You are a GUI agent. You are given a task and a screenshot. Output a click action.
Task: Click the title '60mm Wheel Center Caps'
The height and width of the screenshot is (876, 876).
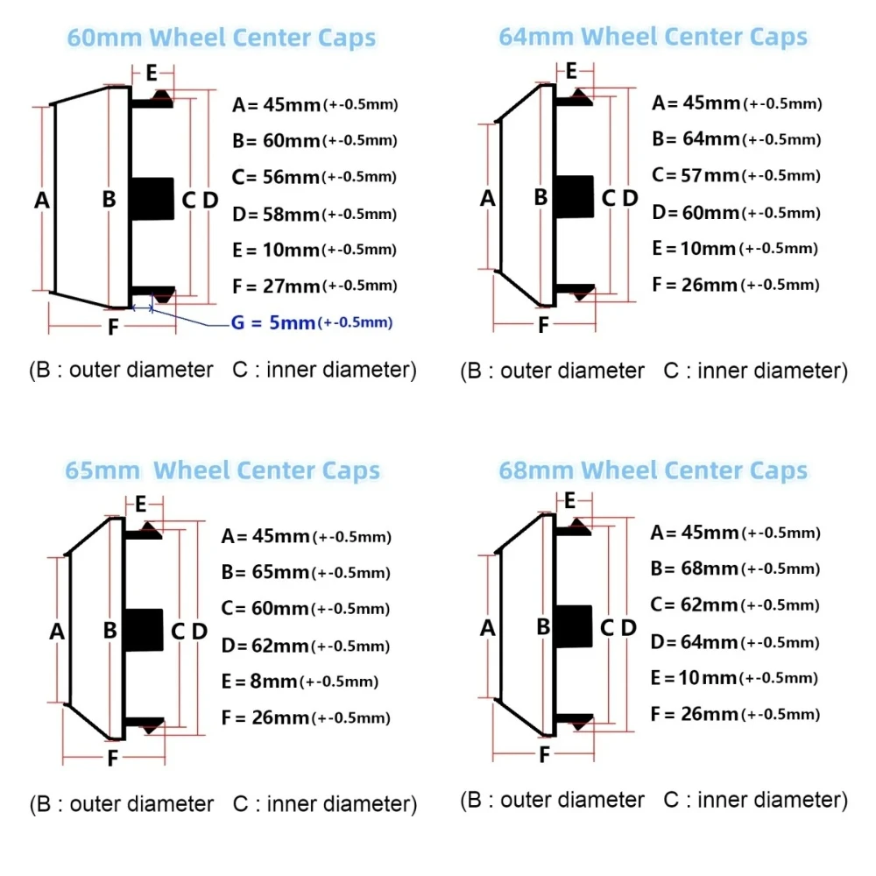coord(222,38)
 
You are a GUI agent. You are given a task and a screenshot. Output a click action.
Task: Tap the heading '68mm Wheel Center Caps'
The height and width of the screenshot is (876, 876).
coord(653,470)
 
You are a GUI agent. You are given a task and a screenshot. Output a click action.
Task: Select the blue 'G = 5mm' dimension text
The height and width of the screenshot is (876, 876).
coord(273,322)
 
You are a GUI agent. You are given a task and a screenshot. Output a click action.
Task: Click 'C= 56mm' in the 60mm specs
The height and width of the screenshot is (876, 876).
coord(275,177)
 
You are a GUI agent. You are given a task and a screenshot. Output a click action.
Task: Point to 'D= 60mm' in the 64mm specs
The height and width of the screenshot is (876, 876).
coord(696,212)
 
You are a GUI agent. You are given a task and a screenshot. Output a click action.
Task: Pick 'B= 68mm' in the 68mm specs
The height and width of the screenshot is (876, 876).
coord(695,569)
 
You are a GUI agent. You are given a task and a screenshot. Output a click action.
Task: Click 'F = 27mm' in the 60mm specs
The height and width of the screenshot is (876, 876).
coord(275,286)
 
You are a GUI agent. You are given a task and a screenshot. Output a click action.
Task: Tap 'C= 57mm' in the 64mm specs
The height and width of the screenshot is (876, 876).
coord(696,175)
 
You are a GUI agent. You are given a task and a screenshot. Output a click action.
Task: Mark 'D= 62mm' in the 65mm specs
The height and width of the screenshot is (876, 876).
coord(265,646)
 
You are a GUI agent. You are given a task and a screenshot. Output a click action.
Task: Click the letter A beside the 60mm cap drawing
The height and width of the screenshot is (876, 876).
coord(42,200)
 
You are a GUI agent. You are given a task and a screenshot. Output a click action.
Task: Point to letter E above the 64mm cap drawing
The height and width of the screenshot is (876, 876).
coord(571,71)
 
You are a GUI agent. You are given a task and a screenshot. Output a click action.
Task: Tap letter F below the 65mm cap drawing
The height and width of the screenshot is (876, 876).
coord(113,758)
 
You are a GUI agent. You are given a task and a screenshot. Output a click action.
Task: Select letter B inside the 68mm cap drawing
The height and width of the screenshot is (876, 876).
coord(543,627)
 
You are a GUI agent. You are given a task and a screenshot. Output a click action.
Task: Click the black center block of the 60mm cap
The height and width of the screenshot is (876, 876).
coord(152,199)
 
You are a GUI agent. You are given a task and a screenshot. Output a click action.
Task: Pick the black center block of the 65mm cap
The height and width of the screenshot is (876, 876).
coord(144,630)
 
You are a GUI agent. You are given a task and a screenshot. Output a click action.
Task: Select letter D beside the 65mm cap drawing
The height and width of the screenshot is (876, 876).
coord(200,632)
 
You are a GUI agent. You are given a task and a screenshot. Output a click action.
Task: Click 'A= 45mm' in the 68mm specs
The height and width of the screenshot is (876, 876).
coord(695,533)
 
